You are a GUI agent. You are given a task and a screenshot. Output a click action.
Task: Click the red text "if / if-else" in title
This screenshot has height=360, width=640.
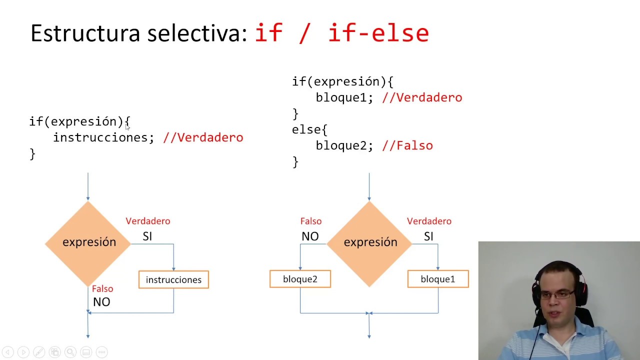click(x=341, y=33)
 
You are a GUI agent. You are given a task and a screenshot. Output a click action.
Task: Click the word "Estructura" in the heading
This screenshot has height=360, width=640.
click(x=85, y=33)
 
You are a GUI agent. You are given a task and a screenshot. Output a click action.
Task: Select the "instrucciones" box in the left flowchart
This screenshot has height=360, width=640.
click(x=173, y=279)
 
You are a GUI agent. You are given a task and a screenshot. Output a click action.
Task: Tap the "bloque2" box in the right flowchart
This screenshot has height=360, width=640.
click(x=300, y=279)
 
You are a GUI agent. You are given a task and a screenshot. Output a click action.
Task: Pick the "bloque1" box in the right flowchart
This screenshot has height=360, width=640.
click(x=438, y=279)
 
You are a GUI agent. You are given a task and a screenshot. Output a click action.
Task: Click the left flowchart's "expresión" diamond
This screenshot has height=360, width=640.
click(x=88, y=242)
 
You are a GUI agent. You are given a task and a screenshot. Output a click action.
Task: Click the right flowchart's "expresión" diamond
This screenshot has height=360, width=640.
click(x=370, y=242)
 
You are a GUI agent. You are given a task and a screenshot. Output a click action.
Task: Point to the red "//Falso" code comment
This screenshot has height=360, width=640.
click(x=407, y=145)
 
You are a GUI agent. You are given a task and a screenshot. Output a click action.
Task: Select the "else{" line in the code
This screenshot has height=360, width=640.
click(x=309, y=129)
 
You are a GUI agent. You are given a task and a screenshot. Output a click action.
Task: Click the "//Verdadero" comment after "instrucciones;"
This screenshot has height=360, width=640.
click(x=203, y=137)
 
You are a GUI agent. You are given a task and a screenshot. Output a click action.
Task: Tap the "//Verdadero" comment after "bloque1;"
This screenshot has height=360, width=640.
click(x=422, y=97)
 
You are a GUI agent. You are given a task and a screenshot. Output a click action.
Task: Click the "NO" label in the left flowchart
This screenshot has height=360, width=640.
click(x=101, y=302)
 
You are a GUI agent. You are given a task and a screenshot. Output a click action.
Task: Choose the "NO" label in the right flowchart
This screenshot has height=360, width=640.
click(x=310, y=236)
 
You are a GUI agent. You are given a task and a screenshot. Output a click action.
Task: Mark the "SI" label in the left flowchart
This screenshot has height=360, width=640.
click(x=147, y=236)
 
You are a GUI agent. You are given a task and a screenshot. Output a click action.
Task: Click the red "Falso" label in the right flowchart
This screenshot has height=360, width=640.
click(x=310, y=221)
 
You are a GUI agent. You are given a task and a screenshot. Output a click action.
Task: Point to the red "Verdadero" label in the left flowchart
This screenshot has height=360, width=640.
click(x=147, y=221)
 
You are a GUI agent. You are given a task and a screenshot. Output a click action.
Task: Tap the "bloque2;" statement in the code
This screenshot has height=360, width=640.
click(x=344, y=145)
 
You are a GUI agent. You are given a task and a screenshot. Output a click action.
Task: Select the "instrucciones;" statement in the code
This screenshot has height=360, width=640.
click(x=103, y=137)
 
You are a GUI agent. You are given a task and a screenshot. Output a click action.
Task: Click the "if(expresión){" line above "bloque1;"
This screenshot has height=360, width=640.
click(x=342, y=81)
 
